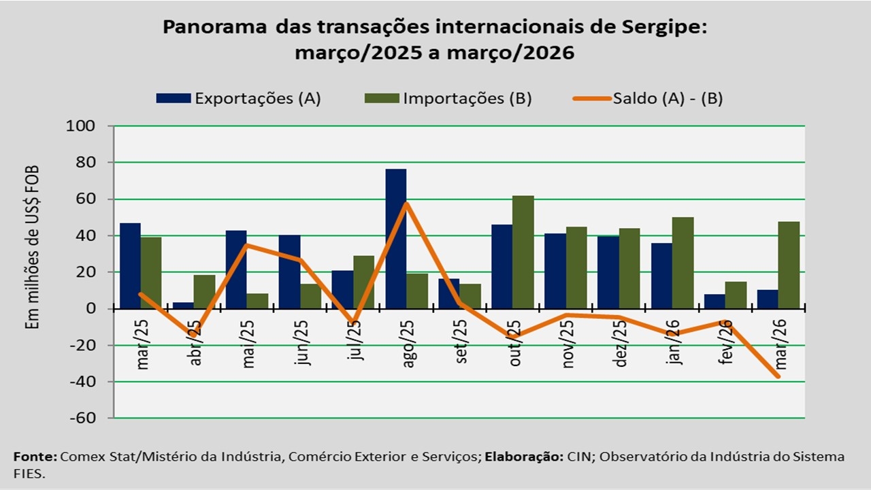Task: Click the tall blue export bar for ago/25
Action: click(x=395, y=238)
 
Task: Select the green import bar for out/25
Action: click(x=523, y=252)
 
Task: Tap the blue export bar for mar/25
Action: click(x=130, y=265)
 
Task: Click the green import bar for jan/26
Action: click(x=683, y=263)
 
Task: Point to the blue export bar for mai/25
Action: click(x=236, y=269)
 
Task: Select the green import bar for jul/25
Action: click(x=364, y=282)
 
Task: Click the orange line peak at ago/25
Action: click(x=406, y=203)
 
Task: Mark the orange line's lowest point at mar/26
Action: click(x=778, y=376)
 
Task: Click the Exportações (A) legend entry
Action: click(x=238, y=98)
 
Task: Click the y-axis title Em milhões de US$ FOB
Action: click(x=31, y=248)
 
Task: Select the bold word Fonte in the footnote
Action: click(x=34, y=457)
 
